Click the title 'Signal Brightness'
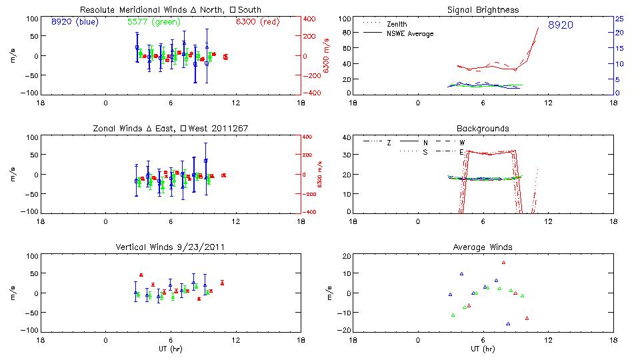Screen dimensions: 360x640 pyautogui.click(x=482, y=10)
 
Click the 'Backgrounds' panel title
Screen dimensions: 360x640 pyautogui.click(x=482, y=128)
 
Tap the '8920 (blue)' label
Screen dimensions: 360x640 pyautogui.click(x=75, y=21)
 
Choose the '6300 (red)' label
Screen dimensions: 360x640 pyautogui.click(x=255, y=21)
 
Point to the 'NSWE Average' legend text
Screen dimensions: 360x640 pyautogui.click(x=410, y=33)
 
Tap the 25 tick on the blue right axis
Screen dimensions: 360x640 pyautogui.click(x=619, y=18)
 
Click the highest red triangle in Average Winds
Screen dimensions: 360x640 pyautogui.click(x=504, y=262)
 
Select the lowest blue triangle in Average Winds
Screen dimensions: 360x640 pyautogui.click(x=508, y=324)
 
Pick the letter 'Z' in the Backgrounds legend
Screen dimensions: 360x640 pyautogui.click(x=389, y=142)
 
